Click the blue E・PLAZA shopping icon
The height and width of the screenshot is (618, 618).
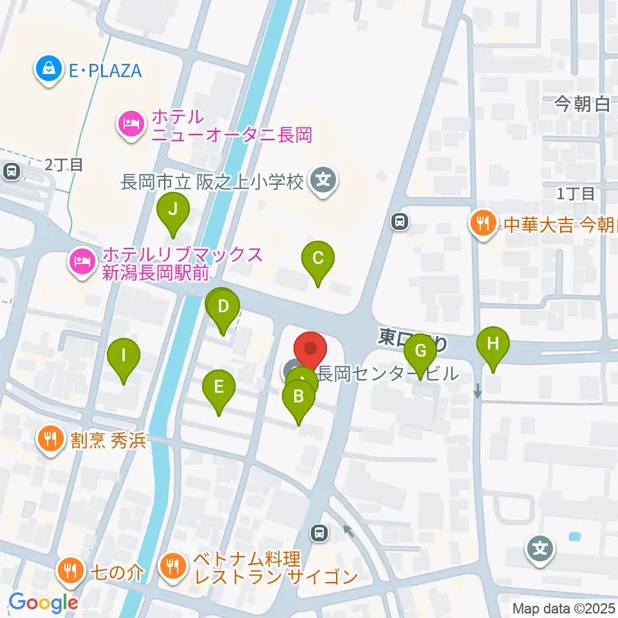(49, 70)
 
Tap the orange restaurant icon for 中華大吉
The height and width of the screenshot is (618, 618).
(483, 224)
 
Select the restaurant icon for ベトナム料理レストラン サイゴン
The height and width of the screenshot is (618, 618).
(172, 566)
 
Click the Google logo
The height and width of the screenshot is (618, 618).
(42, 603)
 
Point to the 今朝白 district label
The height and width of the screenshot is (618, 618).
(582, 104)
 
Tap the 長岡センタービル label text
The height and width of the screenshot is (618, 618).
(388, 373)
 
